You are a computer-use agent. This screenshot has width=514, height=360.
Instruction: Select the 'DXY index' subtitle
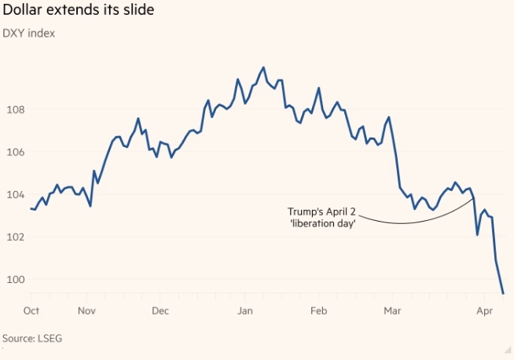click(x=29, y=33)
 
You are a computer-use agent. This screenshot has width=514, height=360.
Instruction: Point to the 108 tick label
click(x=17, y=109)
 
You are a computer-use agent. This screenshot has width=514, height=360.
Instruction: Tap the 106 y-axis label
click(x=17, y=152)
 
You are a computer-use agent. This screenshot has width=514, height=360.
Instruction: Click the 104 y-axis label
click(x=17, y=194)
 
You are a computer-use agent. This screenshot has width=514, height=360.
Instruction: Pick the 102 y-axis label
click(x=17, y=237)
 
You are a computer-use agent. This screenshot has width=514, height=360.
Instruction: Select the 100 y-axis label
click(x=17, y=279)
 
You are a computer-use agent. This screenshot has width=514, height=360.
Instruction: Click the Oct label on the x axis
click(x=32, y=310)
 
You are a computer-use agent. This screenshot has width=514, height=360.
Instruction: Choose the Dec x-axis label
click(x=160, y=310)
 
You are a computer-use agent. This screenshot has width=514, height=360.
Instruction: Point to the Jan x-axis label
click(x=244, y=310)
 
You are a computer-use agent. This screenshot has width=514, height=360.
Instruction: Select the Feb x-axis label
click(x=318, y=310)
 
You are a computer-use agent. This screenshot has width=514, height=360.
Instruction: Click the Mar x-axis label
click(x=392, y=310)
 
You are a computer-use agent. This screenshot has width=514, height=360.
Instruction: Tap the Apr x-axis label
click(x=485, y=310)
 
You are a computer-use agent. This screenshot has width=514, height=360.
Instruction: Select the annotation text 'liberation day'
click(x=322, y=223)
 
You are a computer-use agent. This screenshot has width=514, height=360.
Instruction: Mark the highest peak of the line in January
click(x=263, y=68)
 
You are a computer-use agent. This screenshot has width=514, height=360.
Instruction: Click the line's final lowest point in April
click(x=503, y=293)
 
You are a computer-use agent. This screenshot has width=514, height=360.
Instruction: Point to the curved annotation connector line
click(x=401, y=223)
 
